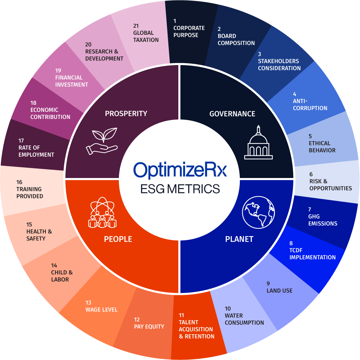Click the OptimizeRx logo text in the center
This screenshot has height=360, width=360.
pyautogui.click(x=180, y=170)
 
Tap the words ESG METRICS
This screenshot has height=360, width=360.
pyautogui.click(x=180, y=189)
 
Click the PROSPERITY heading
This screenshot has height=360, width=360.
pyautogui.click(x=126, y=114)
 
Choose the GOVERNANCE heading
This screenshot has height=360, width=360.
pyautogui.click(x=232, y=114)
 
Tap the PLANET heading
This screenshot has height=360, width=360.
pyautogui.click(x=239, y=239)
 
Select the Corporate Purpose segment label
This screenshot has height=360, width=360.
pyautogui.click(x=189, y=32)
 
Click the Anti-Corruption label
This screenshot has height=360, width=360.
pyautogui.click(x=310, y=105)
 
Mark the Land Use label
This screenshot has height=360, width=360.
pyautogui.click(x=279, y=291)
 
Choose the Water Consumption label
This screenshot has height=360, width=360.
pyautogui.click(x=244, y=319)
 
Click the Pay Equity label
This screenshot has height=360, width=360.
pyautogui.click(x=149, y=326)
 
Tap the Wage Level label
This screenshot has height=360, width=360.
pyautogui.click(x=101, y=310)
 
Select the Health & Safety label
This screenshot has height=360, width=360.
pyautogui.click(x=39, y=235)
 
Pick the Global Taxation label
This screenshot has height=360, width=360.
pyautogui.click(x=146, y=36)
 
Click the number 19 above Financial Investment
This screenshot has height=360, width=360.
pyautogui.click(x=58, y=70)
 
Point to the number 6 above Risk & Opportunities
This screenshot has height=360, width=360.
pyautogui.click(x=311, y=174)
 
